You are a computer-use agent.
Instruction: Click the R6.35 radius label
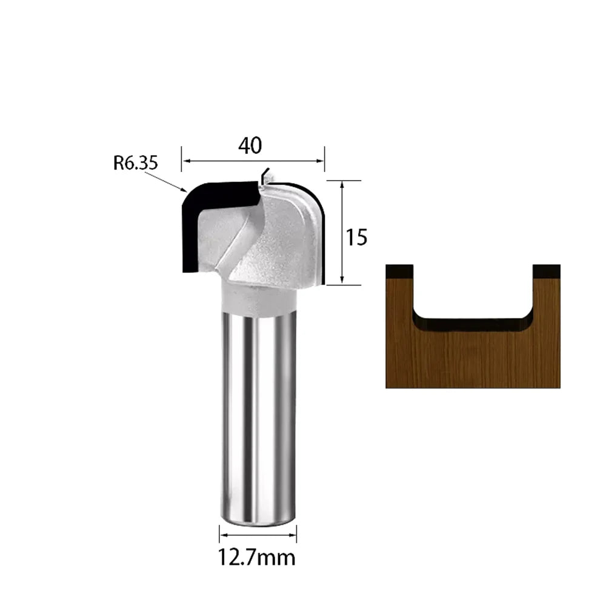click(x=136, y=162)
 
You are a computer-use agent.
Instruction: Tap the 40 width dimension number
click(x=250, y=145)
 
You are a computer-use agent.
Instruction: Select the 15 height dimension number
click(x=356, y=238)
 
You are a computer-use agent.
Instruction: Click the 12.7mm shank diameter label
click(x=256, y=558)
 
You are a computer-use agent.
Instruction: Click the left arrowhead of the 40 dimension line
click(x=186, y=161)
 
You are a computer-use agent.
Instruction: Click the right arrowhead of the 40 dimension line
click(x=321, y=161)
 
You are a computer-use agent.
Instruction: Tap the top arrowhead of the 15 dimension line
click(x=342, y=185)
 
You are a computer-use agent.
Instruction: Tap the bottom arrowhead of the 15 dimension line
click(x=342, y=280)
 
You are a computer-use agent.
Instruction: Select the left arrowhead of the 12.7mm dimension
click(x=224, y=535)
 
